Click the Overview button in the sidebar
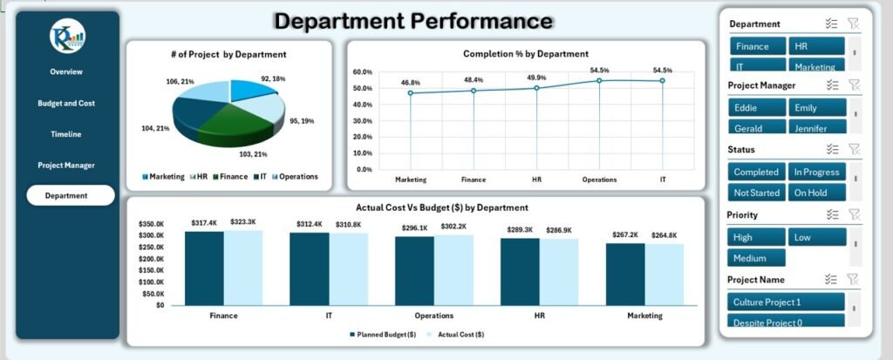[x=66, y=71]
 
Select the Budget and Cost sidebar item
[x=66, y=103]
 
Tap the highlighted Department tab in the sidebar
[x=70, y=195]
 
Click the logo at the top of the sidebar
[x=67, y=36]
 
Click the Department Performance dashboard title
[x=413, y=21]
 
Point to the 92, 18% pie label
[x=272, y=79]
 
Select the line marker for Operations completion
[x=599, y=81]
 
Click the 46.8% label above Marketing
[x=411, y=82]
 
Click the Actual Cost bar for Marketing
[x=665, y=275]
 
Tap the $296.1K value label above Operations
[x=414, y=228]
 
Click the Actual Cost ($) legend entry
[x=459, y=334]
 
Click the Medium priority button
[x=757, y=258]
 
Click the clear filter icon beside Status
[x=855, y=150]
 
